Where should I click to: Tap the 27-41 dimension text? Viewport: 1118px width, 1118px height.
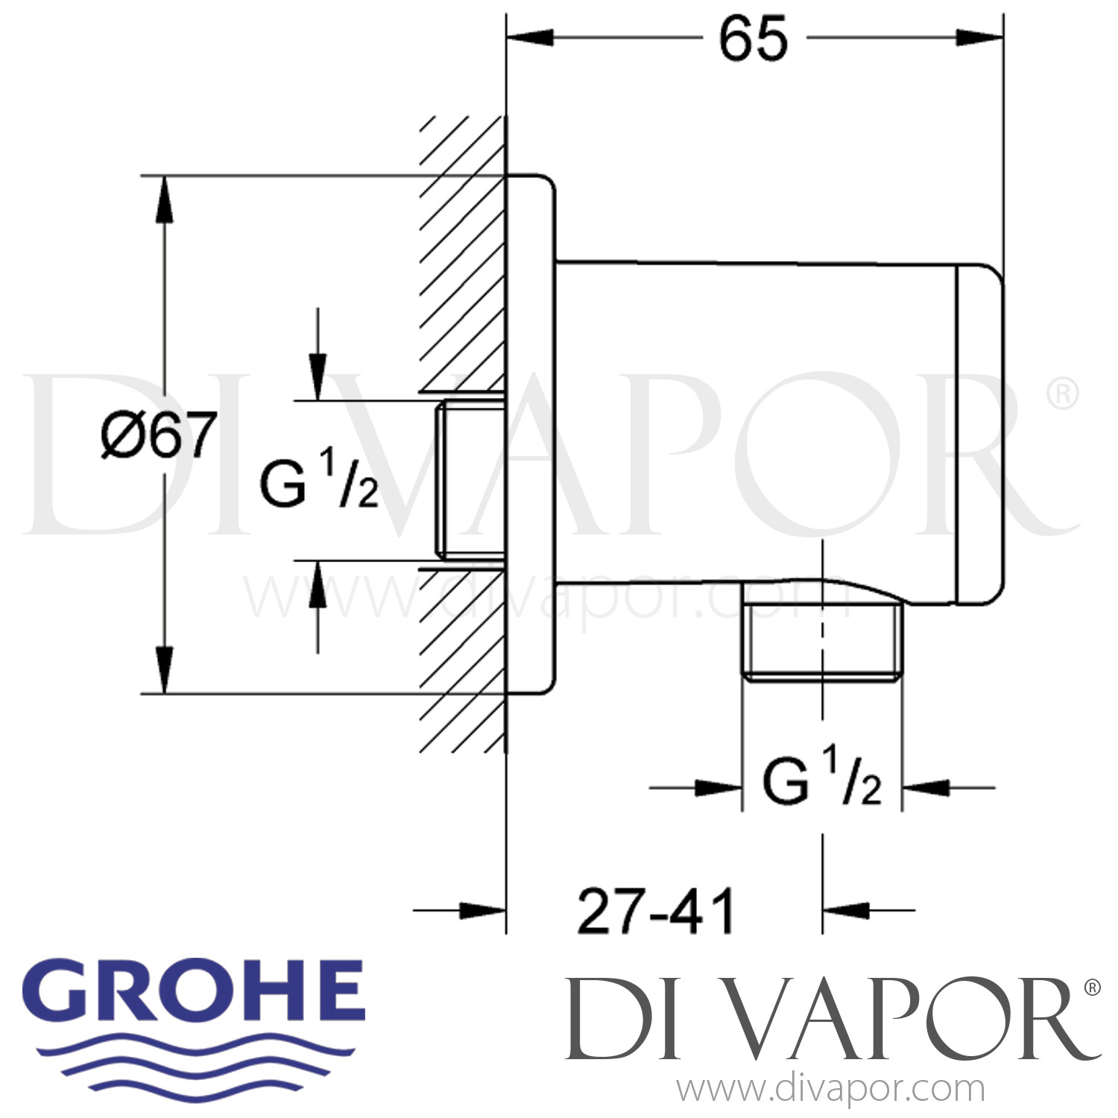pyautogui.click(x=656, y=911)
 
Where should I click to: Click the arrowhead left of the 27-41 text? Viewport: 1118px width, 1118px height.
pyautogui.click(x=482, y=910)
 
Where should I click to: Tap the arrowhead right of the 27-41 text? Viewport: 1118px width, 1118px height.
pyautogui.click(x=847, y=910)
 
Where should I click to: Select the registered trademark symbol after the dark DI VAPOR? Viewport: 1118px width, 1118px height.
pyautogui.click(x=1092, y=988)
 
